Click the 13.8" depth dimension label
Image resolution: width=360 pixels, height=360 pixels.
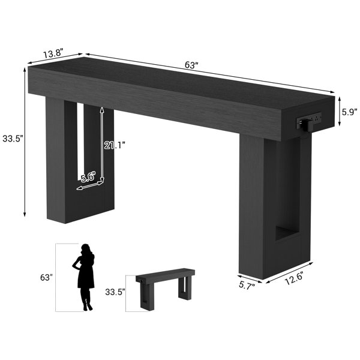[52, 54]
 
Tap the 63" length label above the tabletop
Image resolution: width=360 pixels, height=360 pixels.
[191, 65]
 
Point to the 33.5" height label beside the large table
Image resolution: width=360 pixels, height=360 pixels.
[13, 139]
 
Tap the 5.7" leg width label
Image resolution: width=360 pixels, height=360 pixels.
[247, 285]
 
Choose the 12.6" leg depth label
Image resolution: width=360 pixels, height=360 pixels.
[295, 278]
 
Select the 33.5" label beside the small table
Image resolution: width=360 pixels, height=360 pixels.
[115, 292]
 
